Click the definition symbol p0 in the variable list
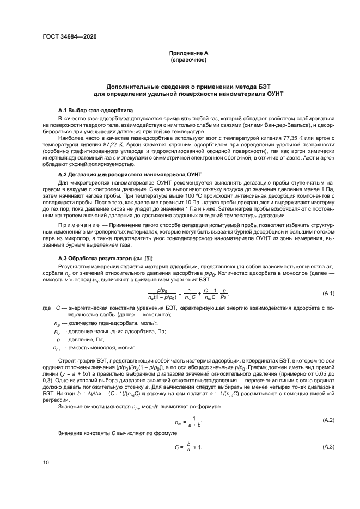[x=57, y=331]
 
